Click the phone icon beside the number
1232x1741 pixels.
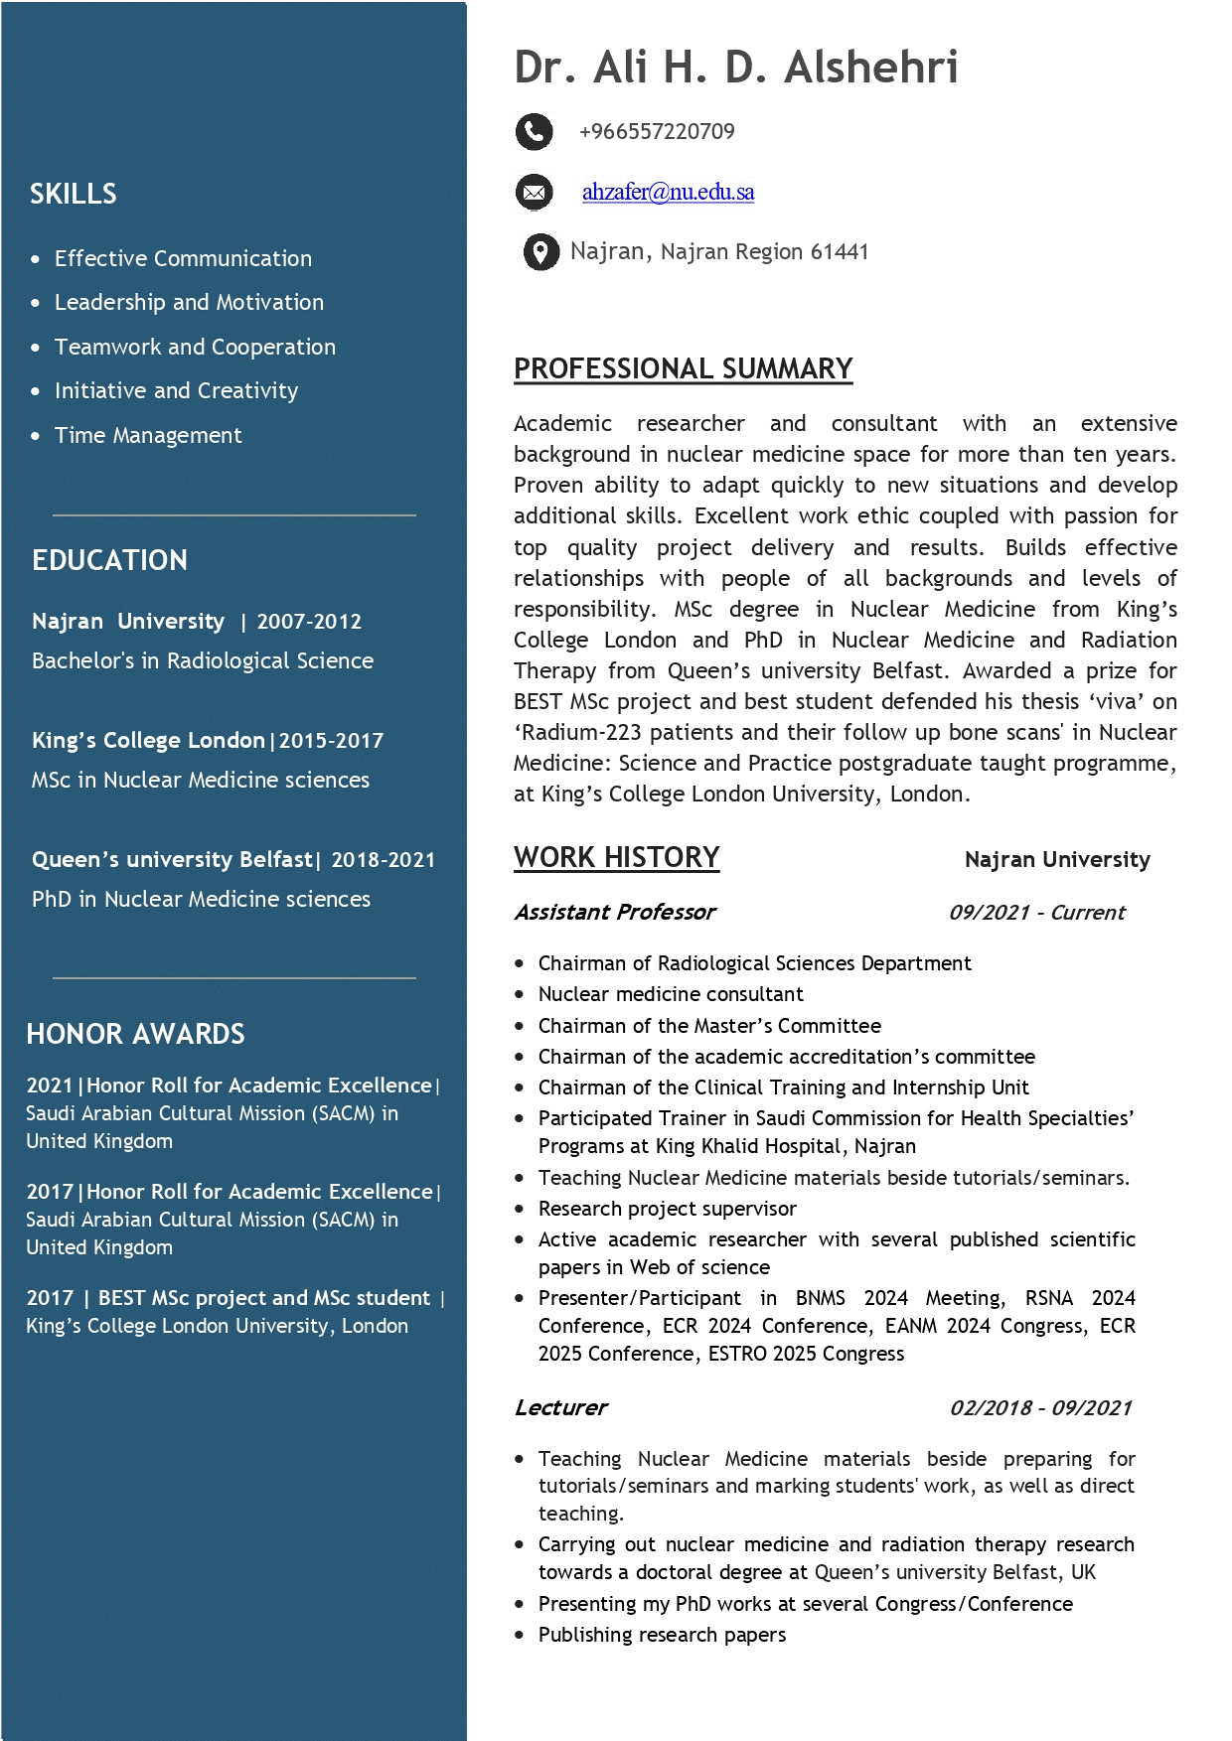pyautogui.click(x=534, y=131)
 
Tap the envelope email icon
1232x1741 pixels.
pyautogui.click(x=534, y=192)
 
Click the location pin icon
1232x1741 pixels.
pyautogui.click(x=540, y=252)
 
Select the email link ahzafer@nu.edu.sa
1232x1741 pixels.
pyautogui.click(x=668, y=192)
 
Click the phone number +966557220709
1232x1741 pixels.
pyautogui.click(x=657, y=131)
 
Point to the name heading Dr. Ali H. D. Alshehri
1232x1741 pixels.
pyautogui.click(x=735, y=68)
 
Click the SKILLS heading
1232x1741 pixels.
pyautogui.click(x=73, y=194)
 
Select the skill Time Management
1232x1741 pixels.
pyautogui.click(x=148, y=435)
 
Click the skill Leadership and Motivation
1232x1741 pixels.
pyautogui.click(x=189, y=302)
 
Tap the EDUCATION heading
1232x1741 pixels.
pyautogui.click(x=109, y=560)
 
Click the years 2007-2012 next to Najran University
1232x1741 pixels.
pyautogui.click(x=309, y=622)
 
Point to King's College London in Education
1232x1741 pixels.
pyautogui.click(x=148, y=740)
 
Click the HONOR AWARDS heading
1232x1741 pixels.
pyautogui.click(x=135, y=1034)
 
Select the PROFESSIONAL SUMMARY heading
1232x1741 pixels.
pyautogui.click(x=683, y=368)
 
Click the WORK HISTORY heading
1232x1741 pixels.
pyautogui.click(x=616, y=857)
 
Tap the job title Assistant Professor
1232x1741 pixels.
pyautogui.click(x=615, y=912)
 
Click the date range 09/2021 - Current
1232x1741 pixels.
pyautogui.click(x=1036, y=912)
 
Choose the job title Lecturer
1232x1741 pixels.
pyautogui.click(x=560, y=1407)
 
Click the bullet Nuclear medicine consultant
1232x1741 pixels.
pyautogui.click(x=671, y=994)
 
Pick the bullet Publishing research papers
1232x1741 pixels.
pyautogui.click(x=662, y=1635)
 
